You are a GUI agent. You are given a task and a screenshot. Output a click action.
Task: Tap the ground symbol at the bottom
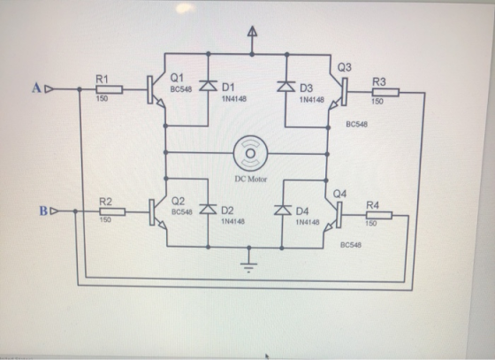(x=248, y=267)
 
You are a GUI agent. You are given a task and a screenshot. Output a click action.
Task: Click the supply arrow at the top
(x=252, y=32)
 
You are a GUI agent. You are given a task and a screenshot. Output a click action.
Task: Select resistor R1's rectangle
(x=110, y=89)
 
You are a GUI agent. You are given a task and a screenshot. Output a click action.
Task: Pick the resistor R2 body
(x=112, y=212)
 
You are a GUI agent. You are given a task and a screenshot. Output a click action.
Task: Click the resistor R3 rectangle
(x=385, y=92)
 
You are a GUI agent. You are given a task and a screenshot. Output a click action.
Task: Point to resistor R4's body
(x=379, y=215)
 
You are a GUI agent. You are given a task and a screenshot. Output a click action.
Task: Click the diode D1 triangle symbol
(x=208, y=86)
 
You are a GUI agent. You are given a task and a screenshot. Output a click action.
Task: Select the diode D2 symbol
(x=208, y=209)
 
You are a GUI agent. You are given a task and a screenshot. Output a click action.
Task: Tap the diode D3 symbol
(x=286, y=86)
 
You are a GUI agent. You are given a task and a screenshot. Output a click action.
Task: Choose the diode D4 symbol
(x=283, y=210)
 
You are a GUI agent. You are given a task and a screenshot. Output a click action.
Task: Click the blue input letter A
(x=36, y=88)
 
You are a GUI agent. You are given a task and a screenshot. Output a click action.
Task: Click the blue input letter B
(x=43, y=211)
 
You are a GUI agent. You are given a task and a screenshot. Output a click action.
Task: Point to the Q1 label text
(x=177, y=77)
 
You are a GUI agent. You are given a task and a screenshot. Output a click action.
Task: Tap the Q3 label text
(x=345, y=67)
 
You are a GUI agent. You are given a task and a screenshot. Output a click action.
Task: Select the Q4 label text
(x=339, y=194)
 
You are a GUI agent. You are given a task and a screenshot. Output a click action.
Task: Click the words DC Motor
(x=251, y=179)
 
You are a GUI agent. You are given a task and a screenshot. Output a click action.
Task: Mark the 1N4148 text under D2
(x=232, y=221)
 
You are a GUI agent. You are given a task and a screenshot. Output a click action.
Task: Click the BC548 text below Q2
(x=181, y=212)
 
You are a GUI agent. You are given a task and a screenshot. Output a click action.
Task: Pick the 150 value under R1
(x=102, y=98)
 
